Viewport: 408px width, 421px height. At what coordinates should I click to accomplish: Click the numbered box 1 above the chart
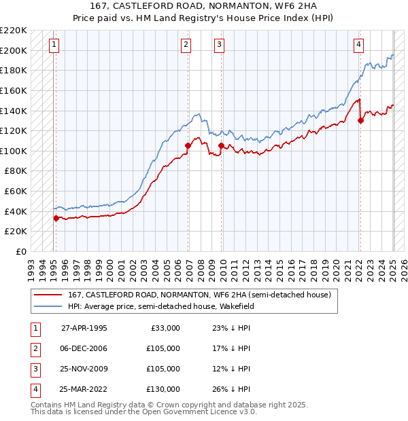pos(54,45)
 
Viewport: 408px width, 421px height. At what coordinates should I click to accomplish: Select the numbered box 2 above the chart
pos(186,45)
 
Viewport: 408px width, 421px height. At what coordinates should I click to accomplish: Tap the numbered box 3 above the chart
pos(220,45)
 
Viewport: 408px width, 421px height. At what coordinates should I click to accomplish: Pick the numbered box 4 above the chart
pos(358,45)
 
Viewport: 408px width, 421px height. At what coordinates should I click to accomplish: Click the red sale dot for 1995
pos(56,218)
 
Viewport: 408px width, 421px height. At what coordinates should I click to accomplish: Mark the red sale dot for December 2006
pos(188,145)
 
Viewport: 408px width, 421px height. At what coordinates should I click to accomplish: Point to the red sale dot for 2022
pos(360,120)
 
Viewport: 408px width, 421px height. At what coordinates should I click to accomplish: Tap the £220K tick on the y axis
pos(15,31)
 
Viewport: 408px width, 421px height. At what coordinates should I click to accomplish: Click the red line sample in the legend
pos(47,295)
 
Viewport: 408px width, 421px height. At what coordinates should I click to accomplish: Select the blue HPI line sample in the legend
pos(47,306)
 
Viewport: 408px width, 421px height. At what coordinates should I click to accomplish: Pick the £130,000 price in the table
pos(163,389)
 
